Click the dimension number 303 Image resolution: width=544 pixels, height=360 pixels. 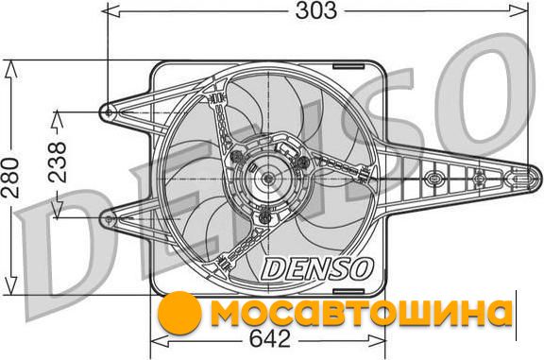click(x=315, y=10)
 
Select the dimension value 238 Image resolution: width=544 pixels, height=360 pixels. click(x=57, y=162)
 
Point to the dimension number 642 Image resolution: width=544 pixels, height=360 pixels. click(x=269, y=338)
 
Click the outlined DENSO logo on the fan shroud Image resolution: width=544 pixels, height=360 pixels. click(x=317, y=268)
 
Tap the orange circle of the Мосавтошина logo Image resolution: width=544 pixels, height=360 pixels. click(x=179, y=313)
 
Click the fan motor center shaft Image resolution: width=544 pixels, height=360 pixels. click(x=268, y=179)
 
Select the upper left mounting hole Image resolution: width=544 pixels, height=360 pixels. click(x=109, y=112)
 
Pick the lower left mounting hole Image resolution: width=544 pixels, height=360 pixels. click(x=109, y=219)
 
